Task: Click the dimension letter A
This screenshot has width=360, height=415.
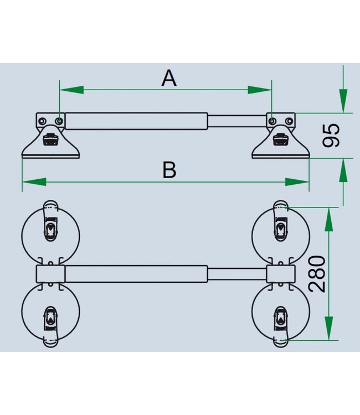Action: tap(169, 78)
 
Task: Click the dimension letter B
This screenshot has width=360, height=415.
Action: tap(169, 170)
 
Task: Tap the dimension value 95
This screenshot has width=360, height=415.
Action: tap(331, 135)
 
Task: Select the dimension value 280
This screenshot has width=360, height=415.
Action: tap(317, 274)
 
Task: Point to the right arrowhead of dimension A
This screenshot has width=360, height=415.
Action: tap(260, 90)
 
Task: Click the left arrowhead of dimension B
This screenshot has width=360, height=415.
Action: tap(34, 182)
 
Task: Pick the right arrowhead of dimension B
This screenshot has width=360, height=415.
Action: tap(297, 182)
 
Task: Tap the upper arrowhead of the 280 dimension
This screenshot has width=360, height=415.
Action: tap(329, 220)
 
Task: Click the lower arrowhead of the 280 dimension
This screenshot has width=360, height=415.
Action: tap(329, 328)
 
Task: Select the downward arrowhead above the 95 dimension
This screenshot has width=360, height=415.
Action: tap(343, 101)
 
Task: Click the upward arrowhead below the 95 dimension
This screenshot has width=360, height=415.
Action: tap(343, 170)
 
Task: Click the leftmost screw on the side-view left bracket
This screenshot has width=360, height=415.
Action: tap(42, 121)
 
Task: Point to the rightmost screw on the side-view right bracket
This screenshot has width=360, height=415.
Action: tap(289, 121)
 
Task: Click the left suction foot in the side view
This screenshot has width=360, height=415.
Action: tap(50, 142)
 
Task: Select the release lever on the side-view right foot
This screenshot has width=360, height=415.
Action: tap(281, 139)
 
